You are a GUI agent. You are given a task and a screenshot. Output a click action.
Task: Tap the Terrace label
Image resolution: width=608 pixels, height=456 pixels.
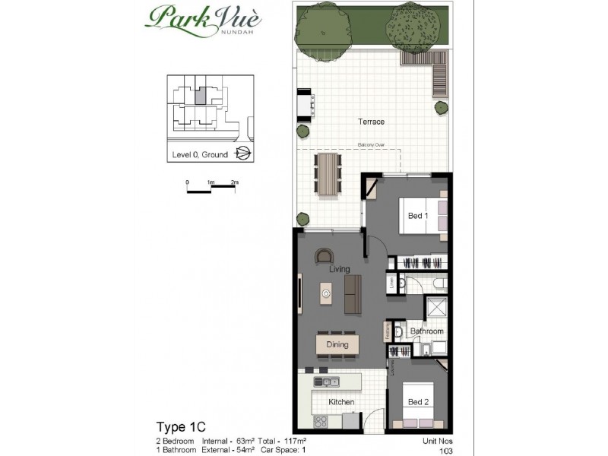point(372,122)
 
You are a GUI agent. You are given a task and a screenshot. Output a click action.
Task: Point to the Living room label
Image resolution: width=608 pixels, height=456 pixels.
point(338,269)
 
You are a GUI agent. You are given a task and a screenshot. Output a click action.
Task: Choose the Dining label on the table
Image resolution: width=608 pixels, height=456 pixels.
point(337,344)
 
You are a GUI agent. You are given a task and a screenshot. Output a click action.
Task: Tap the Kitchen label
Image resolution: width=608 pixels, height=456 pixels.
point(341,402)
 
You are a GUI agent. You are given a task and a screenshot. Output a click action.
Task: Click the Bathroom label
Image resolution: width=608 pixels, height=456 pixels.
point(426,331)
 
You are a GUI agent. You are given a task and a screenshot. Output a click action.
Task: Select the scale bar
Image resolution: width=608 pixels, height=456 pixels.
point(211,190)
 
